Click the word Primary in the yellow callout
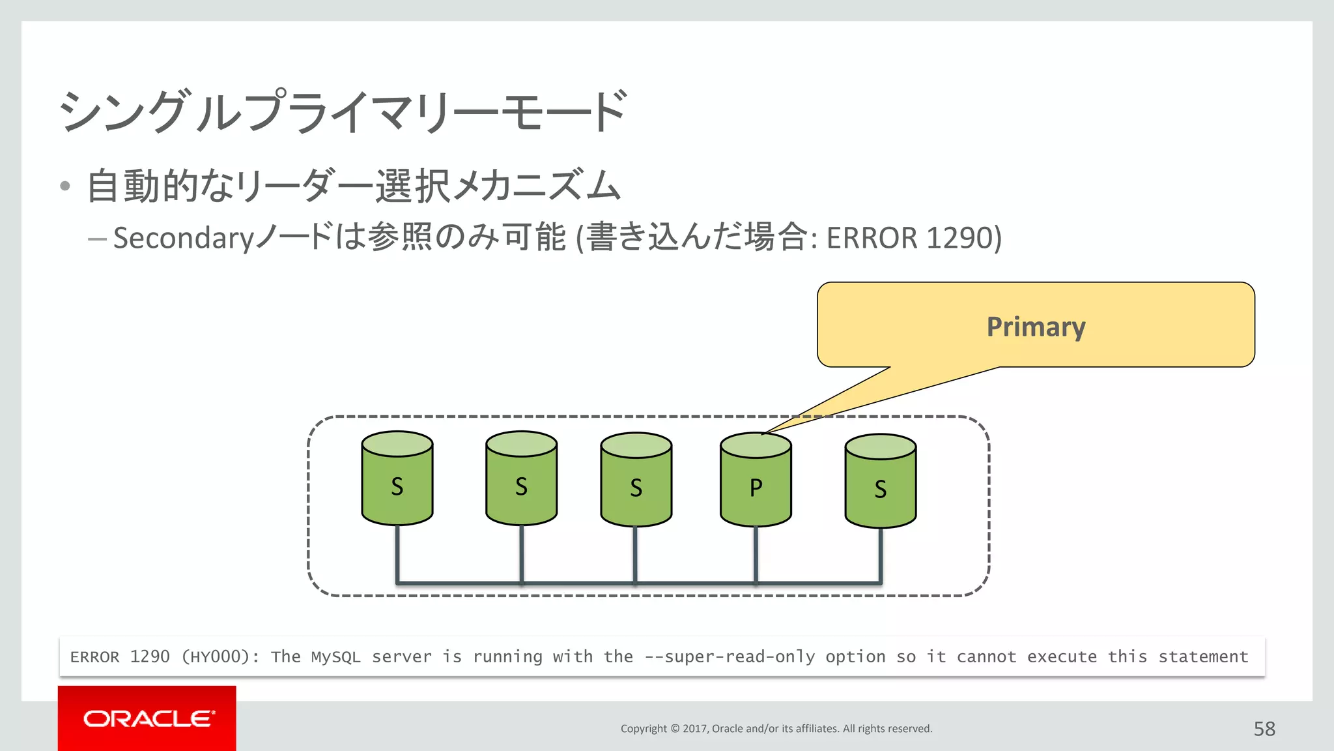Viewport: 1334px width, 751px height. tap(1036, 327)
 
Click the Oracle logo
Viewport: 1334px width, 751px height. tap(148, 718)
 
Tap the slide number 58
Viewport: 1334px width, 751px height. tap(1264, 729)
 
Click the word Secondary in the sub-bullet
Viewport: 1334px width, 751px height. tap(183, 238)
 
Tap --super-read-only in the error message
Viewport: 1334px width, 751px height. tap(730, 656)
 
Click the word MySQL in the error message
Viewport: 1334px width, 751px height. tap(335, 656)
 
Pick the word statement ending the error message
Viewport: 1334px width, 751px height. tap(1203, 656)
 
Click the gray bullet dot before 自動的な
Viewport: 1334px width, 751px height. tap(64, 186)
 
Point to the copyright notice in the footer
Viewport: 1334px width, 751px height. tap(776, 729)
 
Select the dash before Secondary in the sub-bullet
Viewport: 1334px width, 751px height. tap(97, 239)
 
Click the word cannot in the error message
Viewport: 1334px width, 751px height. tap(986, 656)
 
